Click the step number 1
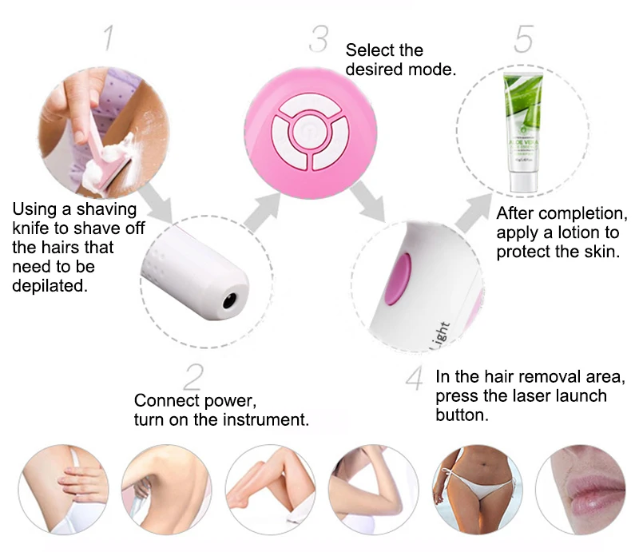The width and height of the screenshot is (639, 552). [x=109, y=38]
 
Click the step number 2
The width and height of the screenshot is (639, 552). [x=193, y=377]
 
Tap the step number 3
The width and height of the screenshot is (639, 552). [x=318, y=39]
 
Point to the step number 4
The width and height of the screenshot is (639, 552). [x=415, y=378]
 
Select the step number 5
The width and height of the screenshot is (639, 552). [x=524, y=38]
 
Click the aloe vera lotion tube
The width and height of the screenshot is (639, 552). [x=524, y=132]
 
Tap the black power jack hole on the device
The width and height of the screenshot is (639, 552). [x=229, y=301]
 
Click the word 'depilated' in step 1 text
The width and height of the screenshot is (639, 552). [x=50, y=286]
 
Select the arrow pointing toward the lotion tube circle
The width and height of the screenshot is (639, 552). [x=474, y=212]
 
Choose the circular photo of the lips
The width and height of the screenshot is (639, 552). [x=580, y=489]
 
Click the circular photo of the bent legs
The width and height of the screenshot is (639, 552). [x=271, y=489]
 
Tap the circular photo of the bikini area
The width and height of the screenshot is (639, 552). [x=477, y=489]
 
